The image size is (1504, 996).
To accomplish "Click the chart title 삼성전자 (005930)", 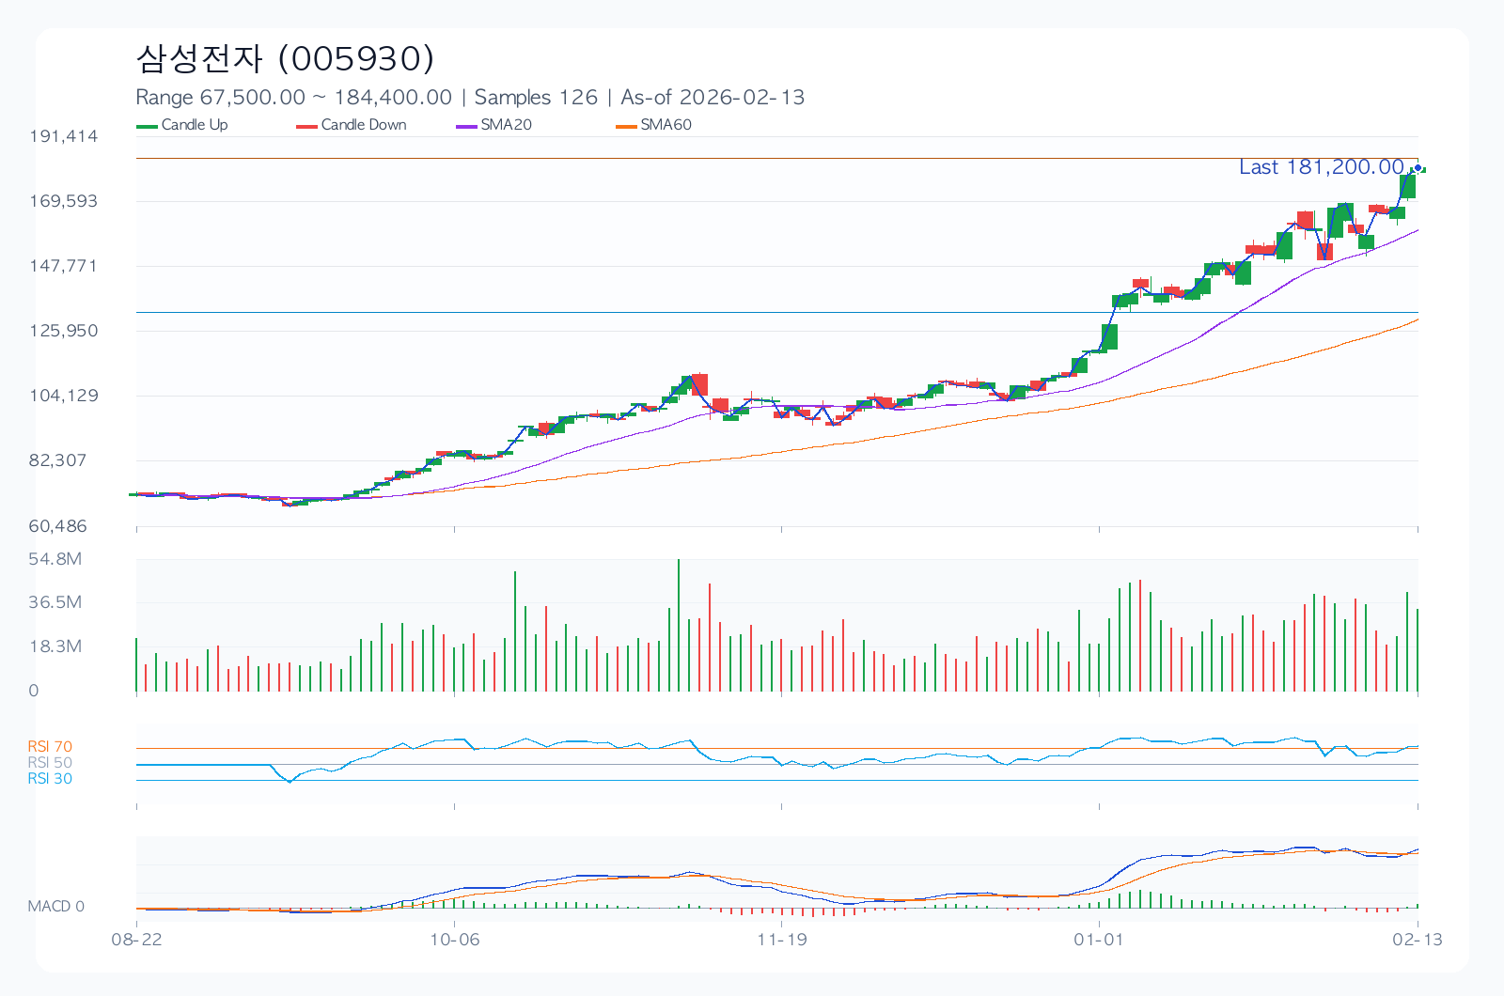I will click(285, 58).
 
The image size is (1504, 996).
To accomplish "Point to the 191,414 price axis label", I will click(64, 136).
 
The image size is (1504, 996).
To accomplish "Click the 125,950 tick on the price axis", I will click(64, 331).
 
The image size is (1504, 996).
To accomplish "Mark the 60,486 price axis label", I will click(58, 526).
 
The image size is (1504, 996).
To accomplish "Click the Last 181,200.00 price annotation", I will click(1321, 167).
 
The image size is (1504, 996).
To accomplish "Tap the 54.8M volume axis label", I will click(55, 559).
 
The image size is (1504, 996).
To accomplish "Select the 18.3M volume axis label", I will click(55, 646).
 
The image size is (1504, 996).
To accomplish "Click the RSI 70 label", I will click(50, 747).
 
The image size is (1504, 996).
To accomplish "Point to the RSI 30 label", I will click(50, 779).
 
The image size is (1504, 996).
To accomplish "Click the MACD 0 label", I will click(56, 907).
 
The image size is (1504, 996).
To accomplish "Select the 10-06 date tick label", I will click(454, 940).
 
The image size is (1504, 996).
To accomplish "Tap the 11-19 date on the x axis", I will click(782, 940).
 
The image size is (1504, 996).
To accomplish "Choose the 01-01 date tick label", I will click(1099, 940).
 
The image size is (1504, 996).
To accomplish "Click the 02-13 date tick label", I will click(1418, 940).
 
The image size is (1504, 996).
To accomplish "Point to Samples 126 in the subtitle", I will click(536, 98).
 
